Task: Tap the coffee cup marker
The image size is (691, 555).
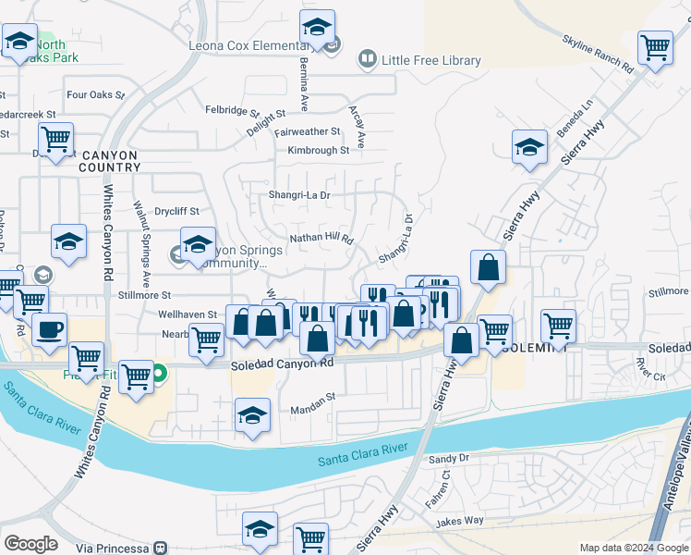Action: point(49,329)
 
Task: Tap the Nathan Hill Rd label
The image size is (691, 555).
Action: point(321,238)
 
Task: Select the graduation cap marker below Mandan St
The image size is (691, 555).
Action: point(252,415)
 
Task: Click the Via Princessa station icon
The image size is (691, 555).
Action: point(160,548)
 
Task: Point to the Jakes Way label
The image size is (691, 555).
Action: point(461,520)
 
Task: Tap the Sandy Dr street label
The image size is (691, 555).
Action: point(449,458)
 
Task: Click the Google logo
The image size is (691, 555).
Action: point(30,544)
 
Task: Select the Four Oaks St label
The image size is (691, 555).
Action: point(96,94)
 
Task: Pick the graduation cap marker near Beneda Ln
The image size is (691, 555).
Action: point(529,147)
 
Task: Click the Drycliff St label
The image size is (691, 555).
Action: point(176,211)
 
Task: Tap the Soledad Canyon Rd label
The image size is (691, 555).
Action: point(282,364)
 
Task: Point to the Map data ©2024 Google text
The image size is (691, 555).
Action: point(634,548)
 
